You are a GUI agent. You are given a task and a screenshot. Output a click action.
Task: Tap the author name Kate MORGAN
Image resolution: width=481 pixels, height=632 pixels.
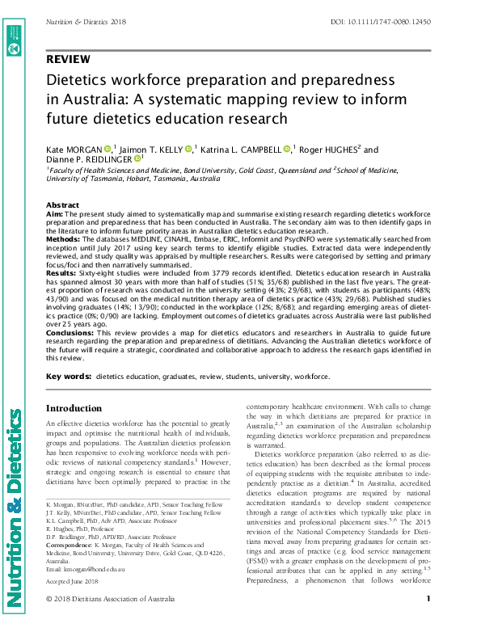pos(74,150)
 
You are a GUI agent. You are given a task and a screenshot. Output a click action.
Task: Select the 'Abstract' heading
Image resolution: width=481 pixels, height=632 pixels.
pos(62,205)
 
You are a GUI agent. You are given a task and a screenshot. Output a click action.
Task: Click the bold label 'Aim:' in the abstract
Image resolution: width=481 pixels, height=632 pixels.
pos(55,213)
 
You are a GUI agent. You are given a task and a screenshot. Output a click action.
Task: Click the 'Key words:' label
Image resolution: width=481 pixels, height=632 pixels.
pos(68,377)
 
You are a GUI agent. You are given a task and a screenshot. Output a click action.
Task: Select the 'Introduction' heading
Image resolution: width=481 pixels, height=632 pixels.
pos(78,408)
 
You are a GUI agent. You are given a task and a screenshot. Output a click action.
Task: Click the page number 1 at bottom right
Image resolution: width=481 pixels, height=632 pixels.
pos(428,621)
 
